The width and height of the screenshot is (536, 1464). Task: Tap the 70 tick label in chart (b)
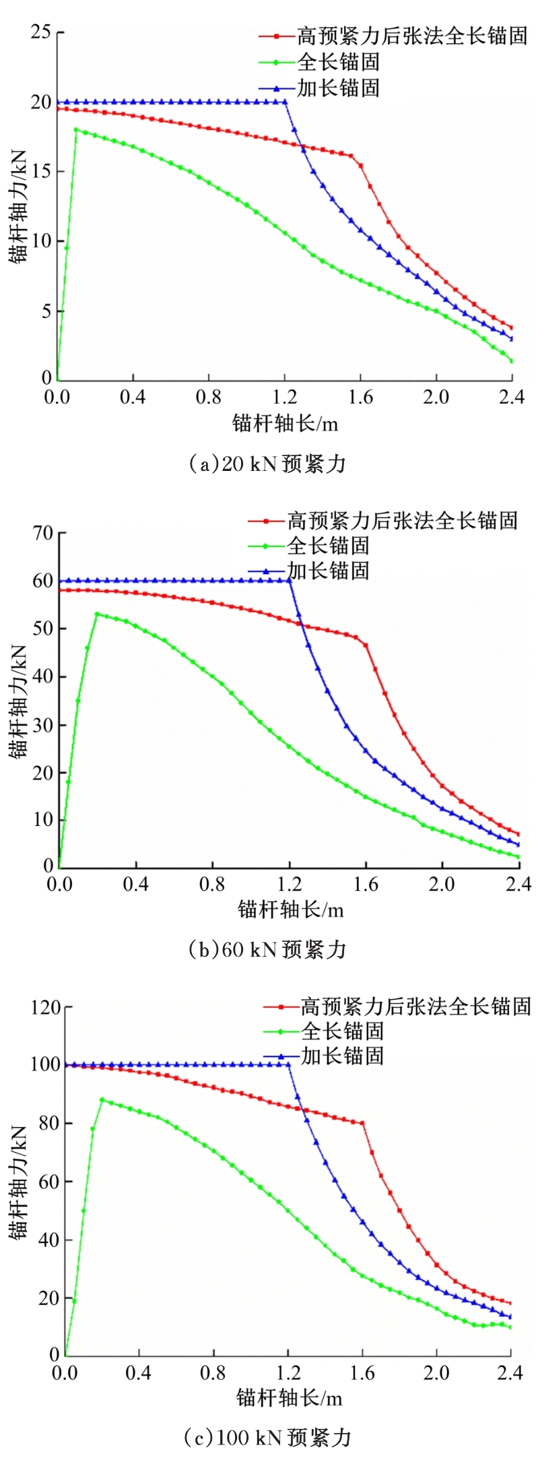click(42, 533)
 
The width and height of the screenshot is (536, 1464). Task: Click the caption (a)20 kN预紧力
click(267, 464)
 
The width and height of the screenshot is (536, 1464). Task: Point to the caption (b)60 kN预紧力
click(267, 950)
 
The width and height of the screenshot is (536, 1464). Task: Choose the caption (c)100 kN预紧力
click(267, 1437)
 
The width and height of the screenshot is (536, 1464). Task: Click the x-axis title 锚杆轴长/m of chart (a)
click(285, 423)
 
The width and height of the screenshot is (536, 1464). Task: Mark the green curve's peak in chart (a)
click(75, 129)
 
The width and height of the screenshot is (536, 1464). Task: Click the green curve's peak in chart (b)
click(97, 614)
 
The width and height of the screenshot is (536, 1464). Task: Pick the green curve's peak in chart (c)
click(102, 1100)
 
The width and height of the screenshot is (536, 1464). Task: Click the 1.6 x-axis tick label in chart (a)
click(360, 397)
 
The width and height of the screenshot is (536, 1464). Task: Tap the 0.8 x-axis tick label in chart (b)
click(212, 884)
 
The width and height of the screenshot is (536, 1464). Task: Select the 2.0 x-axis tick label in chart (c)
click(436, 1372)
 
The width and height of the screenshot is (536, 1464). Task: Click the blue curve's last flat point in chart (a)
click(285, 102)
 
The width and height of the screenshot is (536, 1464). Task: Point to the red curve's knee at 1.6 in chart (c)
click(362, 1123)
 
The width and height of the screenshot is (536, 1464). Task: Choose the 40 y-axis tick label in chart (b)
click(42, 676)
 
